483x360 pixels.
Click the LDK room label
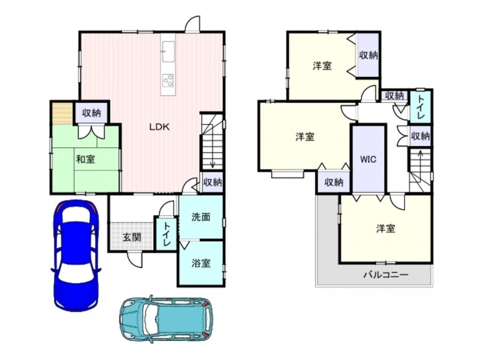[x=159, y=127]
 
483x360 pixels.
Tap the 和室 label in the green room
[x=85, y=159]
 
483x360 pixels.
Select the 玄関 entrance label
[x=132, y=237]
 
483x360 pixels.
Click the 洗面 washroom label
[x=201, y=217]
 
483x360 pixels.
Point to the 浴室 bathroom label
[x=201, y=263]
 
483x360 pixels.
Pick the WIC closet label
[x=369, y=159]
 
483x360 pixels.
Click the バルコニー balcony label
[x=386, y=274]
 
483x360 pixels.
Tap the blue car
[x=76, y=256]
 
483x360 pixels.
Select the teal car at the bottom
[x=166, y=319]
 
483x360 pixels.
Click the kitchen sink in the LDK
[x=168, y=51]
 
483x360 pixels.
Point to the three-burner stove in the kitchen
[x=168, y=80]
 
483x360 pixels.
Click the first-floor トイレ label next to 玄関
[x=166, y=233]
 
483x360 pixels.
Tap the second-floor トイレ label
[x=421, y=108]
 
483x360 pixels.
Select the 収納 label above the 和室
[x=91, y=113]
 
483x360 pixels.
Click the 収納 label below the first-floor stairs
[x=213, y=182]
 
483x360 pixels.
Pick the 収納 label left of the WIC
[x=334, y=182]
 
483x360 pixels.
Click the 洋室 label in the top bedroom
[x=322, y=66]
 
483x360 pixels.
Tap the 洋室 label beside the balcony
[x=385, y=229]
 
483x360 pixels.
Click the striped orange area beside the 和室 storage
[x=62, y=113]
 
